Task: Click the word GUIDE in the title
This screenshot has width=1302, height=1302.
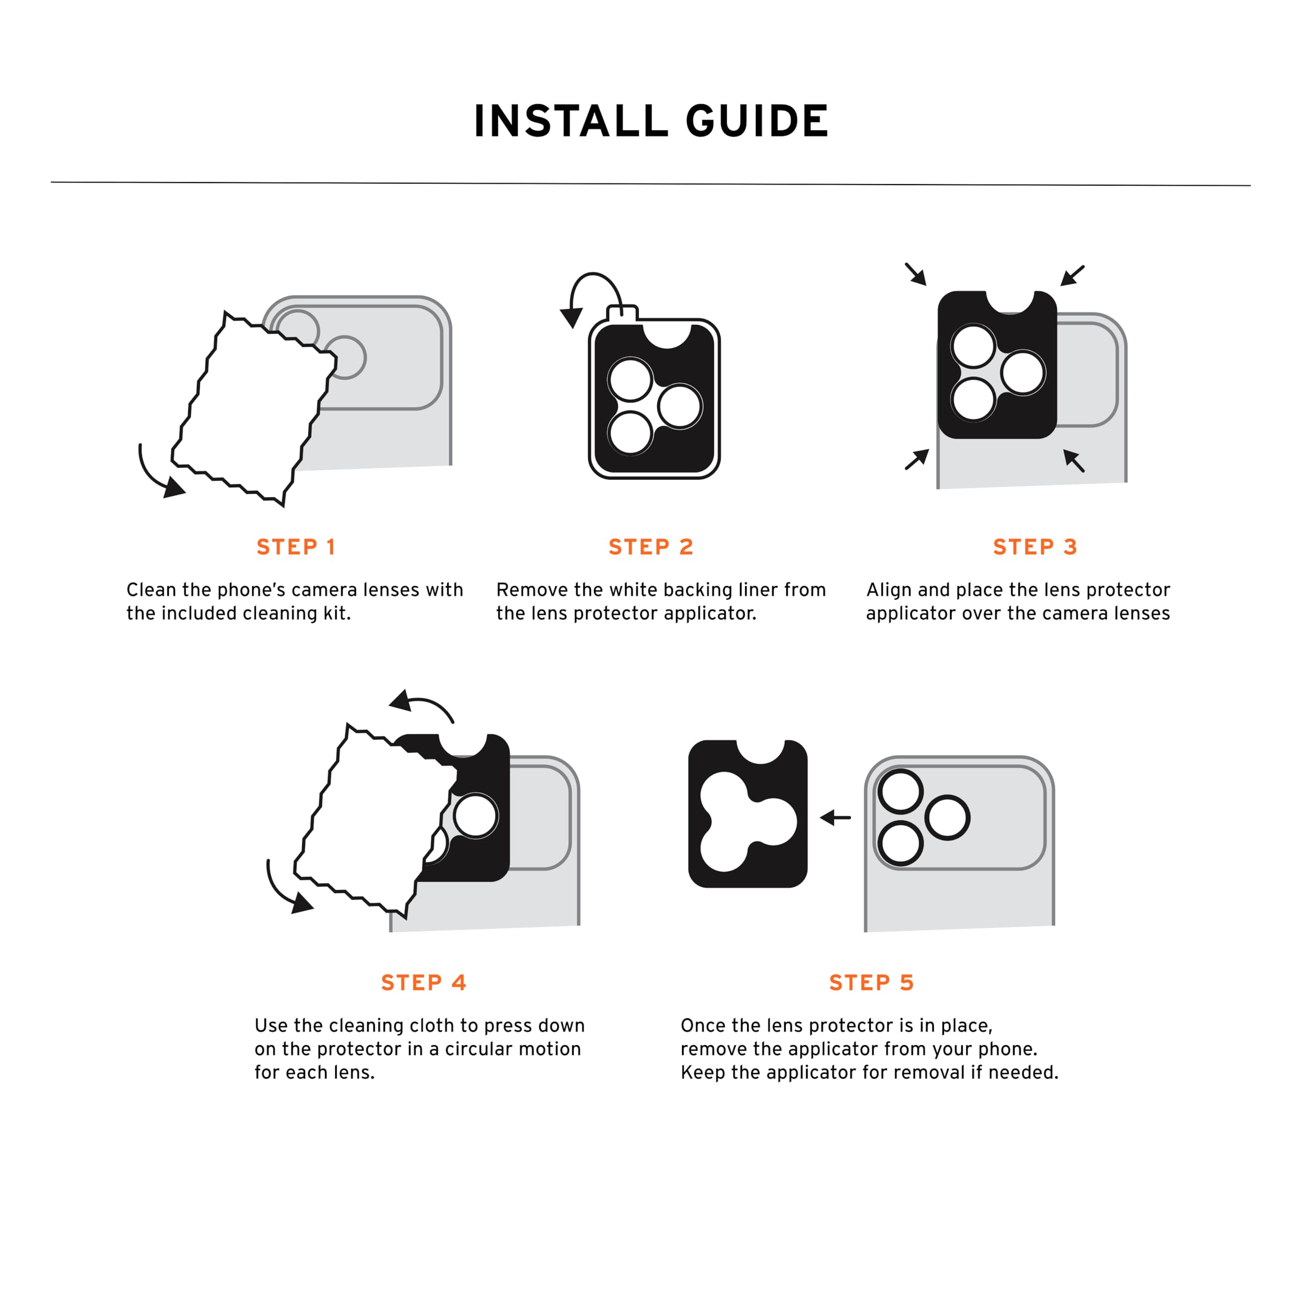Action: [757, 122]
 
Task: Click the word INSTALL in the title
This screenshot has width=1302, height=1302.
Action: [568, 122]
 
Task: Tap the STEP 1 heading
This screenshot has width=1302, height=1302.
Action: [296, 547]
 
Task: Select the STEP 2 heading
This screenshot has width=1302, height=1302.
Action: [651, 547]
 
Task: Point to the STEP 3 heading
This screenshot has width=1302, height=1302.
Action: [1035, 547]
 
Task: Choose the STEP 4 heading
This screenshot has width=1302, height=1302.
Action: [424, 983]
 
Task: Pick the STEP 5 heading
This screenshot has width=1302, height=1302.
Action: [871, 983]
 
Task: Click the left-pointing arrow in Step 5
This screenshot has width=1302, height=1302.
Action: [835, 817]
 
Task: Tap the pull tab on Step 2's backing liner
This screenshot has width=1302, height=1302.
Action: [622, 313]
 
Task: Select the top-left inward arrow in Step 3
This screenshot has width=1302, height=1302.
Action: [916, 274]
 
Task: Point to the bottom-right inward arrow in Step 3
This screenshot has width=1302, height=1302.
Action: [1074, 460]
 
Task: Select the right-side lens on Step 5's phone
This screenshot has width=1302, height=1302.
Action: [948, 818]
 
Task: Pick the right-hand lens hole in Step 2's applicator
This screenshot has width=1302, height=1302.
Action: [680, 406]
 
